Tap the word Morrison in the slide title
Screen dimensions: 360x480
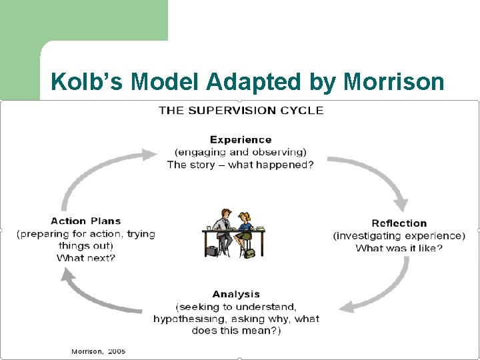tap(393, 81)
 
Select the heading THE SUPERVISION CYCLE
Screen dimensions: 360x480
tap(241, 110)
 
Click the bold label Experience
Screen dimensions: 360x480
tap(241, 139)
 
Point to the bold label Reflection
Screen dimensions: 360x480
tap(399, 223)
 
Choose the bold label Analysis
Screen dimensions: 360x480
tap(236, 294)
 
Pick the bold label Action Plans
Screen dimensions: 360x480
tap(86, 221)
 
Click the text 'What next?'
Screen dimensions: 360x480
tap(86, 258)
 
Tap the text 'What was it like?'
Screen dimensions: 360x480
tap(399, 249)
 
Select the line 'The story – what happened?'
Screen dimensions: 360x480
tap(240, 165)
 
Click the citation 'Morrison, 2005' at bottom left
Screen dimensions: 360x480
tap(99, 351)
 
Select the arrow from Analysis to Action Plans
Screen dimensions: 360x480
tap(100, 293)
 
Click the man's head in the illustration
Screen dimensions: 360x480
tap(225, 214)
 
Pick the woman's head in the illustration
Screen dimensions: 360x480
tap(244, 217)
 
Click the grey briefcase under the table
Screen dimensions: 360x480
tap(212, 251)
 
